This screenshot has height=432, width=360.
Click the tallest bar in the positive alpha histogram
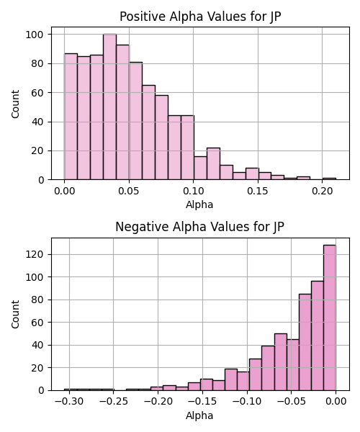[109, 107]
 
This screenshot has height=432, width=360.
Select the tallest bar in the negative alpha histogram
[330, 318]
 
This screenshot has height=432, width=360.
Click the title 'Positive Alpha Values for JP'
[200, 17]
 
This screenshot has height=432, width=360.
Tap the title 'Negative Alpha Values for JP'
[199, 227]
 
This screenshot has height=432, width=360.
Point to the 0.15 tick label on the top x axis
[258, 191]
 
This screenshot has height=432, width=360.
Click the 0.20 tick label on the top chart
[323, 191]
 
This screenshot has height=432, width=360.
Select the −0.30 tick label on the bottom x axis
[69, 402]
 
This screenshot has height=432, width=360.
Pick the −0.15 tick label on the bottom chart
[202, 402]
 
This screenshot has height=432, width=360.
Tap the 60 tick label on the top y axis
[37, 93]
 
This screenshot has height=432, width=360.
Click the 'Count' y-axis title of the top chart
[15, 104]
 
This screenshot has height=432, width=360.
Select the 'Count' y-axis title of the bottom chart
[15, 315]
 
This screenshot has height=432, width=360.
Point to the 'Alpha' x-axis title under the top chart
[199, 204]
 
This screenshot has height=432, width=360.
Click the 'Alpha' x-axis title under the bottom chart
[199, 415]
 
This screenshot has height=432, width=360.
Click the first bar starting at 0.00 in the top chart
[71, 117]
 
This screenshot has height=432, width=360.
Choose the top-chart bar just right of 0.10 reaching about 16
[200, 168]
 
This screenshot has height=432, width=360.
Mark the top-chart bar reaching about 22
[213, 163]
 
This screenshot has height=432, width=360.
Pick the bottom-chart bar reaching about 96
[318, 336]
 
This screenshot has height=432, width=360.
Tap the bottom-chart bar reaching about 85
[305, 342]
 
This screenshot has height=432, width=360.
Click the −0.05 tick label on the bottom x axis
[291, 402]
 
